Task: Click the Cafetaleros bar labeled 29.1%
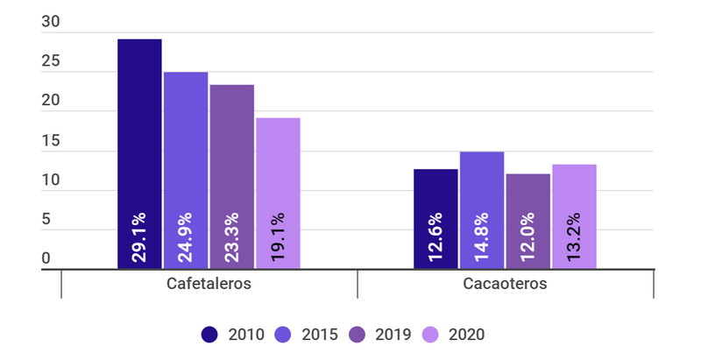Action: (x=139, y=154)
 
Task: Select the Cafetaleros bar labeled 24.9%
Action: (x=186, y=171)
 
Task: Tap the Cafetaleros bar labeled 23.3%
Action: (x=232, y=177)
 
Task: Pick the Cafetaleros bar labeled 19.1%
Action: (x=279, y=194)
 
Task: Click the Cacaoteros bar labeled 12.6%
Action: (x=435, y=219)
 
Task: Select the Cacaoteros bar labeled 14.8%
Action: (x=482, y=210)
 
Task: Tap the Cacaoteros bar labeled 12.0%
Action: (x=528, y=222)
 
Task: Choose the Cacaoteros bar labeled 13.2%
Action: (x=575, y=216)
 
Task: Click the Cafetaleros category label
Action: (x=209, y=285)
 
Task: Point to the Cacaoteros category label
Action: (x=506, y=285)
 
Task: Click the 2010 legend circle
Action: (x=209, y=334)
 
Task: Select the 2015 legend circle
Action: (x=284, y=334)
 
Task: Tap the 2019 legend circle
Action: (x=358, y=334)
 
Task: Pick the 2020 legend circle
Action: (x=431, y=334)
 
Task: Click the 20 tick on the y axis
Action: (x=50, y=102)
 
